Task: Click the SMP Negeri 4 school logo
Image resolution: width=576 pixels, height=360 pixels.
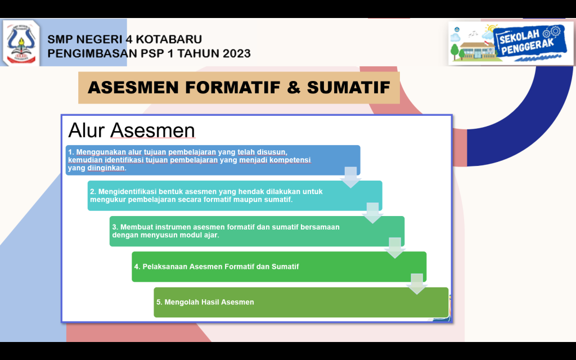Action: tap(21, 43)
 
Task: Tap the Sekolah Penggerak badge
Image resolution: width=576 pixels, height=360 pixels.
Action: tap(511, 43)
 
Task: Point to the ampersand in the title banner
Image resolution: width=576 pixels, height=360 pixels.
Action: tap(294, 88)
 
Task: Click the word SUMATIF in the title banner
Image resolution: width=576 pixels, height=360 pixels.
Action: tap(349, 88)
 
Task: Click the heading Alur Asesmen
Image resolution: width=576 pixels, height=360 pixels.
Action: tap(132, 130)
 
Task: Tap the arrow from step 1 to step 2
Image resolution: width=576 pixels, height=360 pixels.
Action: tap(351, 177)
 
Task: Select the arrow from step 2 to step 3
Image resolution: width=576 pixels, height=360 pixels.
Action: tap(373, 213)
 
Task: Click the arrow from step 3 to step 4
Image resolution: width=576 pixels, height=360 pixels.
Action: tap(395, 248)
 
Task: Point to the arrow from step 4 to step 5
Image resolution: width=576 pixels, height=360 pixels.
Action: tap(417, 284)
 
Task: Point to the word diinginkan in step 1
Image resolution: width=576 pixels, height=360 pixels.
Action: tap(106, 168)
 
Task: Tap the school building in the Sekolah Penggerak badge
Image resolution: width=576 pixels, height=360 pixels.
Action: tap(476, 49)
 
